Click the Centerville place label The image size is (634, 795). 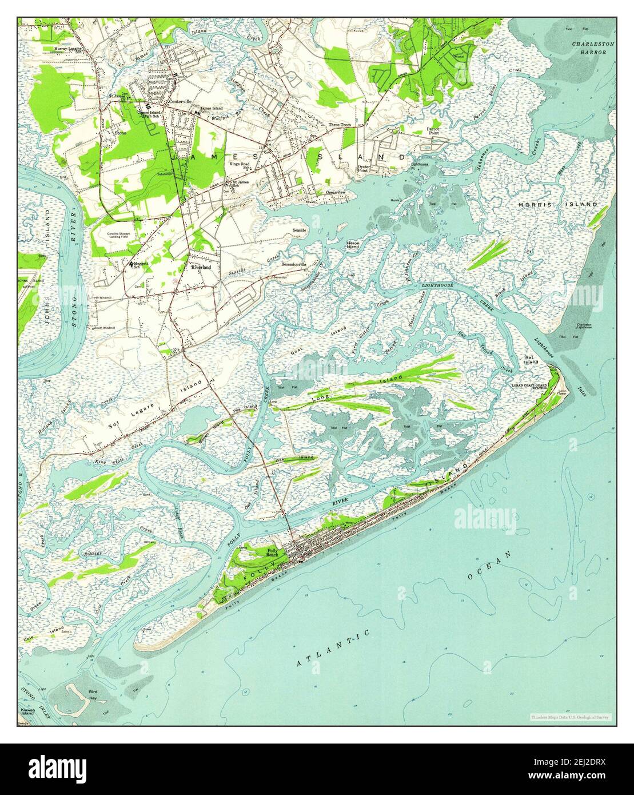(179, 102)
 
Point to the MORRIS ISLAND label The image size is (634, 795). (557, 204)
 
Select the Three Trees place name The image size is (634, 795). (340, 125)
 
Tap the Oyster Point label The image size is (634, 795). (366, 169)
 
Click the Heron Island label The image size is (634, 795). (353, 245)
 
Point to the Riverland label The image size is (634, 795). (201, 267)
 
